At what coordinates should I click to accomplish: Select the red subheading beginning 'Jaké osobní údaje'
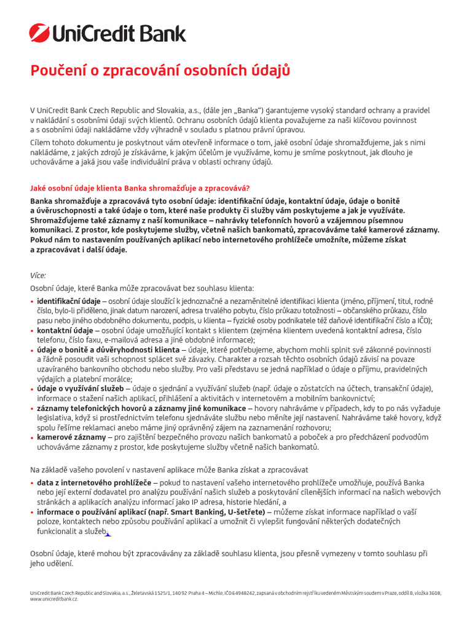pos(140,188)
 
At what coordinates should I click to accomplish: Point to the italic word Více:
pos(38,276)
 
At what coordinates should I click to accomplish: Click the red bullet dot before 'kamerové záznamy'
pos(32,437)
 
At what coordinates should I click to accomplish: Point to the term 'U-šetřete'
pos(248,511)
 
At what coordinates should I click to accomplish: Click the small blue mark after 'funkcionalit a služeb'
pos(108,534)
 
